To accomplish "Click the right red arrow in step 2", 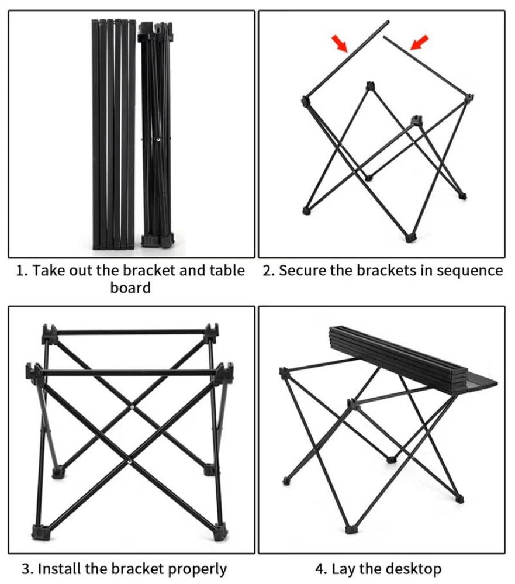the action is pyautogui.click(x=419, y=43).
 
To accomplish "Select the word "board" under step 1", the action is pyautogui.click(x=131, y=288).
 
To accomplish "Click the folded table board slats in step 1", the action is pyautogui.click(x=113, y=134).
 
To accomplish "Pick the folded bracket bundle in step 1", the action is pyautogui.click(x=155, y=134).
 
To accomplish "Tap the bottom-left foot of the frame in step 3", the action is pyautogui.click(x=40, y=533).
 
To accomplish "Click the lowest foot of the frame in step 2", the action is pyautogui.click(x=410, y=238).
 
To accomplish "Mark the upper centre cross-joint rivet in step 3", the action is pyautogui.click(x=133, y=407).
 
